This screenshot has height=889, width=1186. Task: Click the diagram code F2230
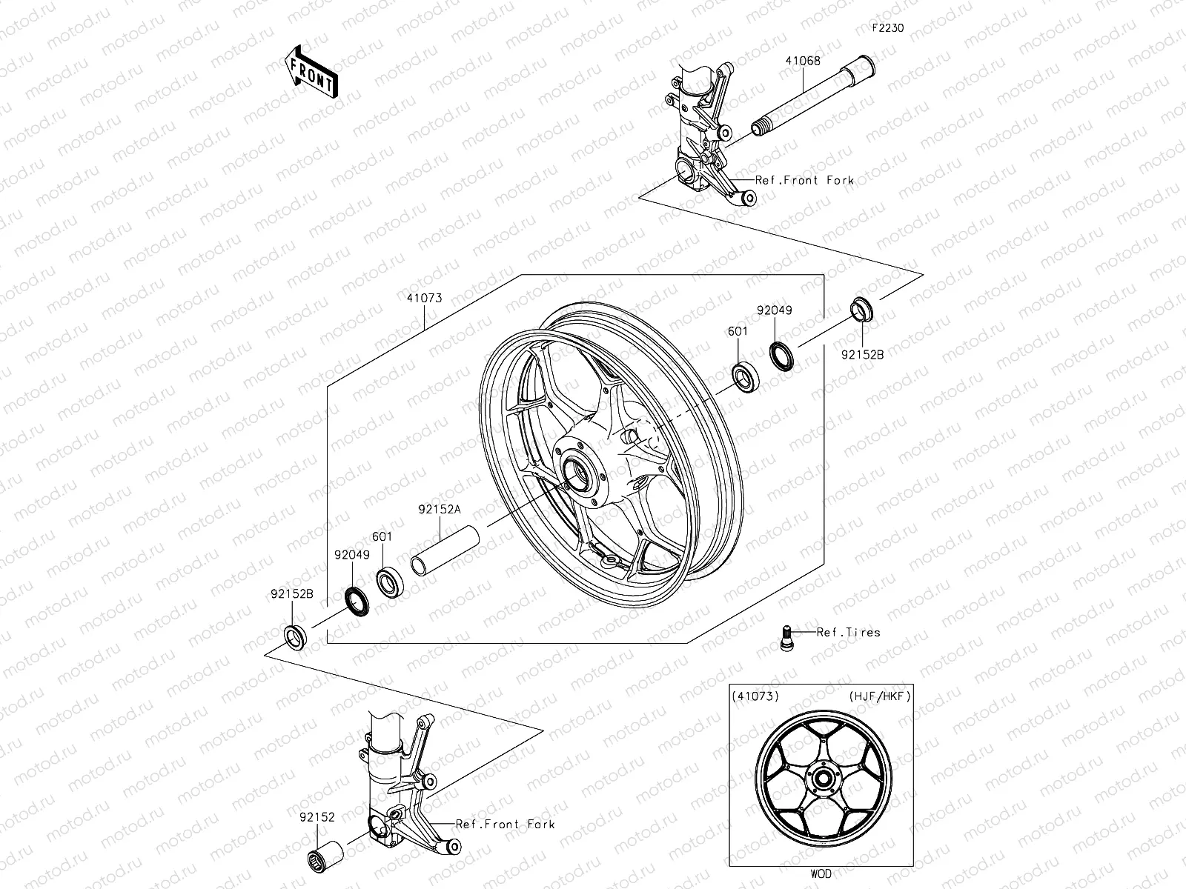tap(887, 28)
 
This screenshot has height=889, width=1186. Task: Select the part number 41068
tap(804, 61)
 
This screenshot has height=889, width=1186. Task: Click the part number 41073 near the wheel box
tap(424, 298)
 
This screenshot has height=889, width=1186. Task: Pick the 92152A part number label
tap(439, 510)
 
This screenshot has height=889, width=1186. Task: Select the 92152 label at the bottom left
tap(317, 818)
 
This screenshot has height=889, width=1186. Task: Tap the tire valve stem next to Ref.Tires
tap(788, 636)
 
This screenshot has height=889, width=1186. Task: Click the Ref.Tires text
tap(848, 633)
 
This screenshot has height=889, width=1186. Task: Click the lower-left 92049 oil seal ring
tap(356, 599)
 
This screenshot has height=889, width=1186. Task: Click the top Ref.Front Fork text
tap(804, 180)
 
